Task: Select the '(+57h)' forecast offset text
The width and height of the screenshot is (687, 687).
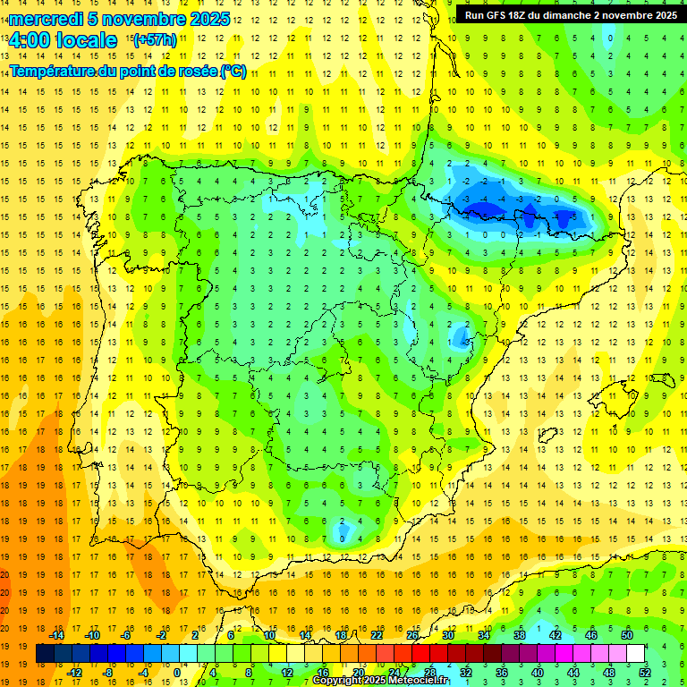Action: [x=154, y=40]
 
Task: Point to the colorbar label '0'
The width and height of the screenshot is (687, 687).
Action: [x=178, y=673]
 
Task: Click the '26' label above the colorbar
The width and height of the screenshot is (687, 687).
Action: [x=412, y=635]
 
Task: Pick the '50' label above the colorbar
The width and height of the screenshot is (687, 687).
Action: [x=626, y=635]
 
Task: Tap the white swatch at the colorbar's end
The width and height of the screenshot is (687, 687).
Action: [x=635, y=654]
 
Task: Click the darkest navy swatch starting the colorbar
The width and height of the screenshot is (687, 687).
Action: [x=45, y=654]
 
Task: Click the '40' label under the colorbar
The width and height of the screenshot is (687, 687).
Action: [x=537, y=673]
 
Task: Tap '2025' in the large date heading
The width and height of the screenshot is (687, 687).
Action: [x=203, y=19]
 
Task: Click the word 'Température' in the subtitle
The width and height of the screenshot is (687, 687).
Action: [x=51, y=72]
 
